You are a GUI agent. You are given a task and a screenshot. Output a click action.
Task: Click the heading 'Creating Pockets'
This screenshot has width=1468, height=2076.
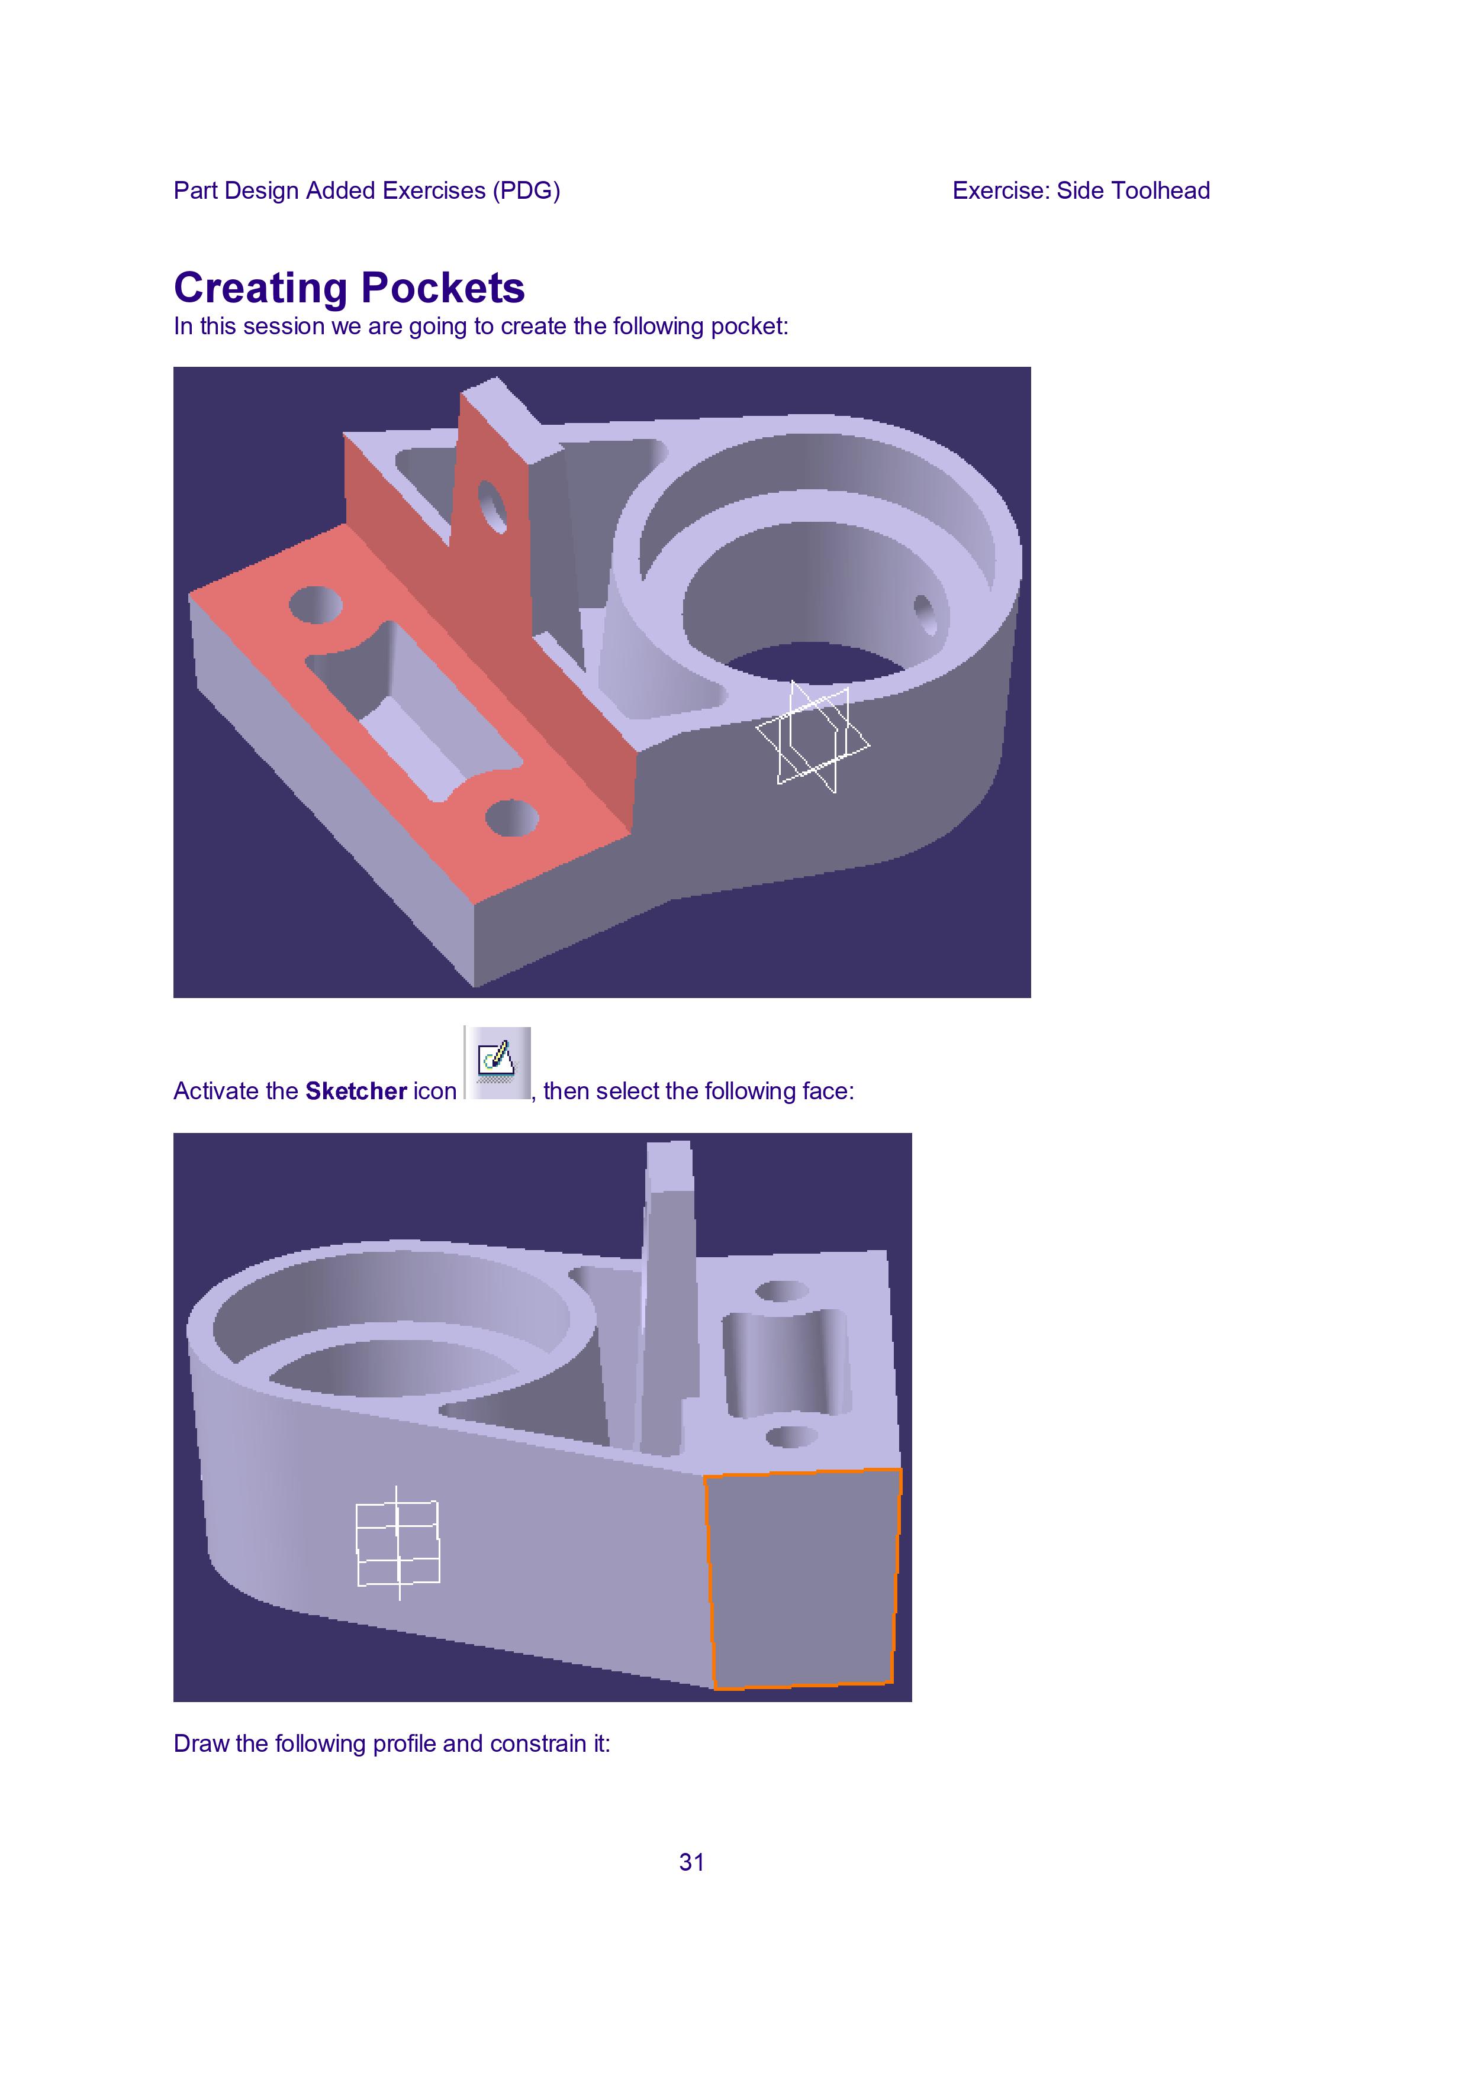pyautogui.click(x=349, y=288)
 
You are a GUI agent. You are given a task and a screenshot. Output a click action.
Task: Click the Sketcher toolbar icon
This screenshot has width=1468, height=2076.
pyautogui.click(x=497, y=1063)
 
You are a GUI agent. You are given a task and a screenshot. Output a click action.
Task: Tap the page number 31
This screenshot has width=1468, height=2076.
pyautogui.click(x=692, y=1862)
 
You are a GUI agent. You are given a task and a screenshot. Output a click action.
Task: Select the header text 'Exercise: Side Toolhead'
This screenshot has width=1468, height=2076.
pyautogui.click(x=1081, y=191)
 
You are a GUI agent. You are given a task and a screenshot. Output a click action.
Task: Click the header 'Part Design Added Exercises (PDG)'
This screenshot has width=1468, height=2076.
pyautogui.click(x=366, y=191)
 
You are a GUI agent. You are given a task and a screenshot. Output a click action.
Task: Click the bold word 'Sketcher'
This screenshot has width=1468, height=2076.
pyautogui.click(x=356, y=1092)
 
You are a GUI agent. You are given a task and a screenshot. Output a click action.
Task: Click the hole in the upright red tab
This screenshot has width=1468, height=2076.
pyautogui.click(x=493, y=507)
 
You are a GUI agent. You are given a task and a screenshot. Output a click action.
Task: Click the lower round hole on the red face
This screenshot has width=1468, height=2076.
pyautogui.click(x=512, y=818)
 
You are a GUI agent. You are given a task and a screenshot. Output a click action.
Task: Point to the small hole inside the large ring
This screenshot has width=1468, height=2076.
pyautogui.click(x=927, y=615)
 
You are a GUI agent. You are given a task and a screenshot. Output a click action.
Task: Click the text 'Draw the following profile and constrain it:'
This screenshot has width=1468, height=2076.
pyautogui.click(x=392, y=1744)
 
